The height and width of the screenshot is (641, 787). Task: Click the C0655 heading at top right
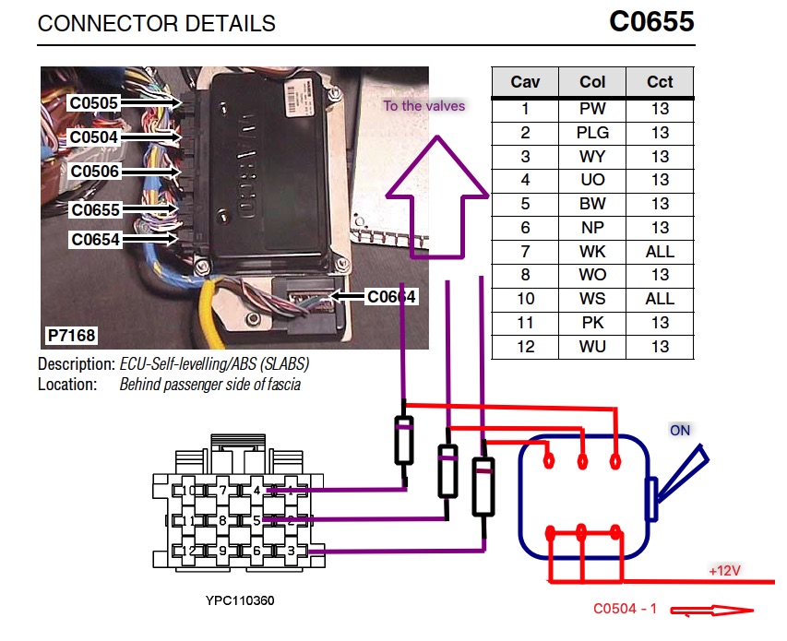tap(651, 22)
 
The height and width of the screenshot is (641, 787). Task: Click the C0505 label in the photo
tap(94, 103)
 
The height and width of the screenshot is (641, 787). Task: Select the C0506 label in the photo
tap(94, 172)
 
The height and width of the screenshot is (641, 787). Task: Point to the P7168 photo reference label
tap(70, 336)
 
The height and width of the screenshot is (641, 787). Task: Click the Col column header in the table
tap(592, 82)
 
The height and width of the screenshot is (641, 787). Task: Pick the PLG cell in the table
tap(592, 133)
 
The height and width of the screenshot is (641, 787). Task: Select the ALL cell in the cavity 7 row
tap(660, 251)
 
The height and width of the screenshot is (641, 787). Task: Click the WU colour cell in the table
tap(592, 347)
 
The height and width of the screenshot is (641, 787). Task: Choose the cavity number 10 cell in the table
tap(525, 299)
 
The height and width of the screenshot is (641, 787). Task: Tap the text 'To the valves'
tap(424, 106)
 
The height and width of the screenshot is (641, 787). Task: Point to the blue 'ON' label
tap(680, 431)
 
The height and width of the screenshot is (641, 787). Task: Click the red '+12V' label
tap(725, 571)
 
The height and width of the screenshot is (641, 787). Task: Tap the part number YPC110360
tap(240, 600)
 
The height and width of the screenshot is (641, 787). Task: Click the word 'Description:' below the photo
tap(77, 363)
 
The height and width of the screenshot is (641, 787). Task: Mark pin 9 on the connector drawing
tap(223, 551)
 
